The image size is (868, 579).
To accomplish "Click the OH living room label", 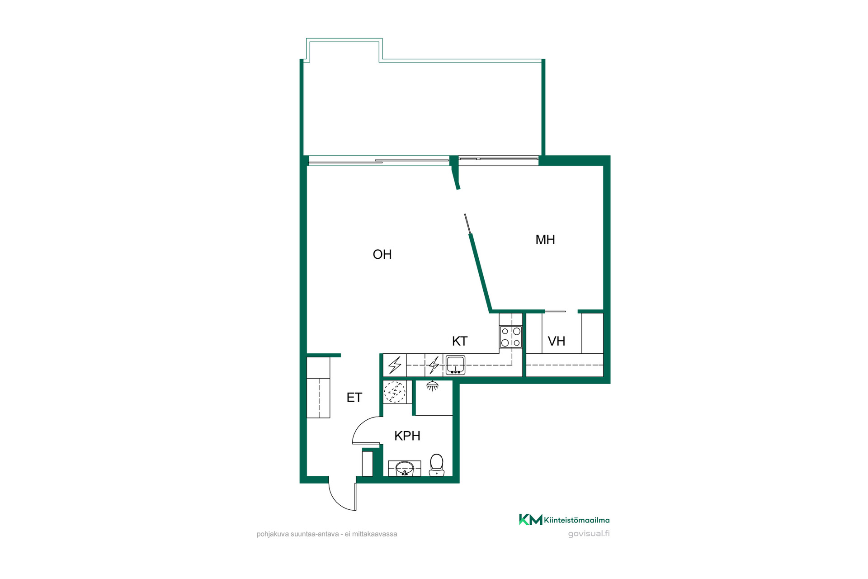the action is [382, 255].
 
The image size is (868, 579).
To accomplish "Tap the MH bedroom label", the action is [545, 240].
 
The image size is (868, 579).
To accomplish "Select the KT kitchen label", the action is [460, 341].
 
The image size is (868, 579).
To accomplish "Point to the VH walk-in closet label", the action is [557, 341].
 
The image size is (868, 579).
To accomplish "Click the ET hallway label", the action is [354, 398].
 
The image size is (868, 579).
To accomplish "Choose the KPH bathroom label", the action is [407, 436].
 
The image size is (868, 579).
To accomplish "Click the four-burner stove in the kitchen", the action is [511, 337].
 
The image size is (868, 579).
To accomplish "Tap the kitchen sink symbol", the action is [455, 365].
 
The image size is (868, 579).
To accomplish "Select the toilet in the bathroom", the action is [437, 465].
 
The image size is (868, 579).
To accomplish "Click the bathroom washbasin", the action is [405, 469].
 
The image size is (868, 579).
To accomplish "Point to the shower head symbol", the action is [433, 386].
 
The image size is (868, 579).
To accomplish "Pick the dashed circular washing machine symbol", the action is [395, 392].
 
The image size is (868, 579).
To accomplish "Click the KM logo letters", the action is [531, 520].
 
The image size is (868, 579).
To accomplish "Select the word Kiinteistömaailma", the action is [577, 520].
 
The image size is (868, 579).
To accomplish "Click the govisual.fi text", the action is [589, 534].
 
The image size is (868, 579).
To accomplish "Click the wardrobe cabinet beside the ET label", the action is [318, 387].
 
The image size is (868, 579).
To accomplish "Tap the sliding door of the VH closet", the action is [555, 311].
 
